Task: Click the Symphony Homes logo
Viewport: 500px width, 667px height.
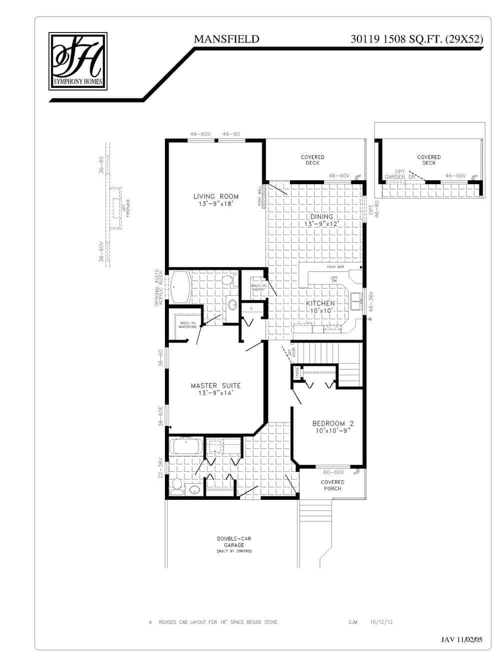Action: click(78, 61)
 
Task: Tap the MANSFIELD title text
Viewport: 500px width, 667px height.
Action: click(226, 39)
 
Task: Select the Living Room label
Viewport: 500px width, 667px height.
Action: click(216, 200)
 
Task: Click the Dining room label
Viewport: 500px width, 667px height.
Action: click(321, 220)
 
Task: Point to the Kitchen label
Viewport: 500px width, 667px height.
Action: click(320, 307)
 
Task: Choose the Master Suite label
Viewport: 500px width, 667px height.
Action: click(215, 389)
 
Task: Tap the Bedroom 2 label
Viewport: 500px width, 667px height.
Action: click(332, 426)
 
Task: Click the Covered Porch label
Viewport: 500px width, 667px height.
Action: click(332, 485)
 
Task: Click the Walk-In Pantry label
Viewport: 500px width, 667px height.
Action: click(258, 288)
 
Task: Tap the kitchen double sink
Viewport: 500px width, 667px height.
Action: click(356, 301)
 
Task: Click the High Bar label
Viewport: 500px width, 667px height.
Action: click(335, 267)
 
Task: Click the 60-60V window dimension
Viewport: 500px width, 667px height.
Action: click(333, 472)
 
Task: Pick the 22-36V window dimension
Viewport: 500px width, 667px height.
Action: click(160, 468)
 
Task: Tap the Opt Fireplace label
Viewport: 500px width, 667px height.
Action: click(125, 208)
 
